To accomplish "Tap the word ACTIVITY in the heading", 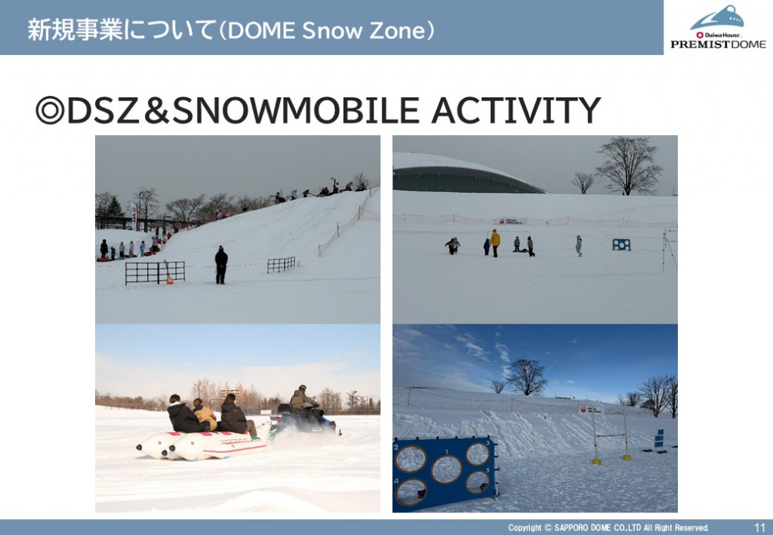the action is coord(516,110).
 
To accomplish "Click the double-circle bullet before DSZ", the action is coord(50,110).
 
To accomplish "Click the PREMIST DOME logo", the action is coord(718,27).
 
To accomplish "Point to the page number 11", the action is coord(759,527).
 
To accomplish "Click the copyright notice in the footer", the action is coord(608,527).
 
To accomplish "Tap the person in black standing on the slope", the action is coord(221,265).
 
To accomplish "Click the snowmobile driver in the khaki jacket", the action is coord(301,398).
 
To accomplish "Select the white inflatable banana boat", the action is coord(202,445).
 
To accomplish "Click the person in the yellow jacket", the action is coord(494,243).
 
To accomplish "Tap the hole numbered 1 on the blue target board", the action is coord(446,469).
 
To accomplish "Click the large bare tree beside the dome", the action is coord(629,165).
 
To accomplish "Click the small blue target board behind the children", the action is coord(621,244).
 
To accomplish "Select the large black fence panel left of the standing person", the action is coord(155,272).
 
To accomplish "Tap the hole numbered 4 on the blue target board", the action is coord(411,491).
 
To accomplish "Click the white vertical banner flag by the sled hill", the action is coord(134,217).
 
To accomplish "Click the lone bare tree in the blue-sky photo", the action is coord(525,377).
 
